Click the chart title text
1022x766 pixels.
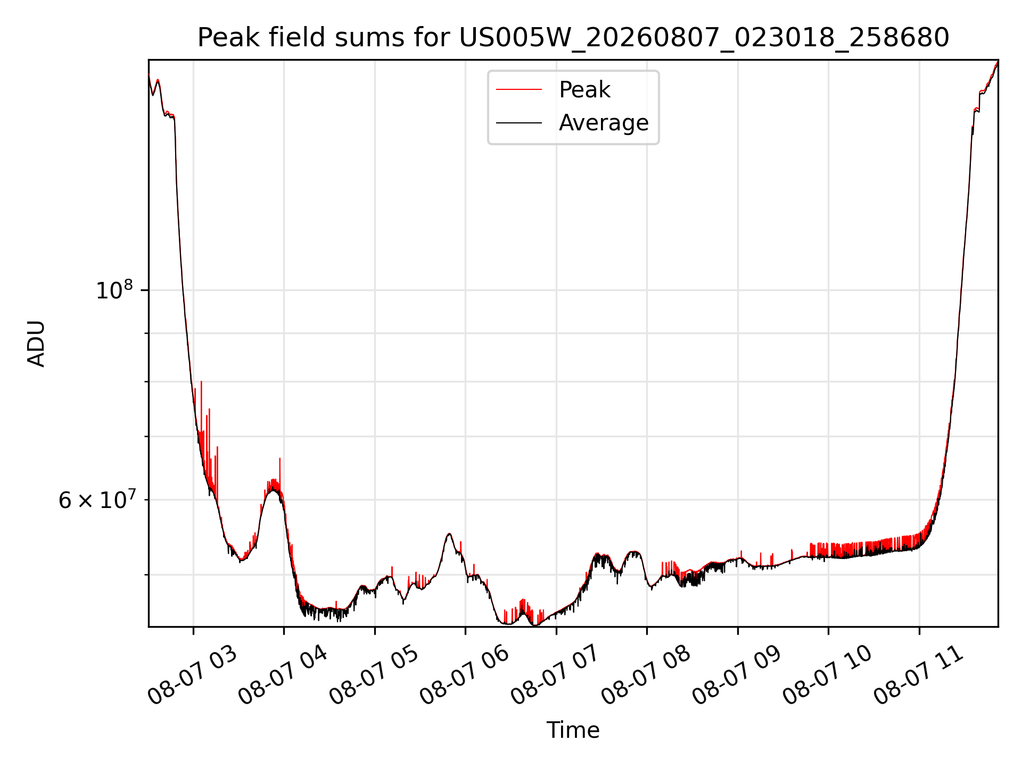pos(573,38)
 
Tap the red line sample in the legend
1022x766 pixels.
pos(519,90)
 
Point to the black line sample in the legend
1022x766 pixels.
pos(519,123)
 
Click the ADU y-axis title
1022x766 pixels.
pos(36,344)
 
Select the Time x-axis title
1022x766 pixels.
pos(573,730)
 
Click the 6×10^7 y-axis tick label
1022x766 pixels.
pos(97,499)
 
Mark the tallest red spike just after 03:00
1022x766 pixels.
pos(201,382)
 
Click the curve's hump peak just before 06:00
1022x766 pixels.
pos(449,534)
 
